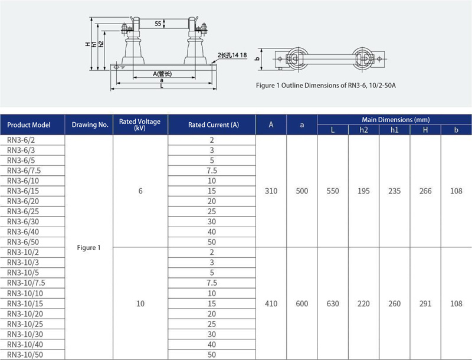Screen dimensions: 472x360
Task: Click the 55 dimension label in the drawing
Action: click(x=158, y=24)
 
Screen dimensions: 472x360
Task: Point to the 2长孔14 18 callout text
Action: click(x=232, y=55)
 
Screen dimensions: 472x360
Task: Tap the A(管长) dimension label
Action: click(x=162, y=74)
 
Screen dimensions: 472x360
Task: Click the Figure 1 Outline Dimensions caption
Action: click(x=326, y=86)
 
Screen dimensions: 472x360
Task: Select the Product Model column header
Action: click(x=28, y=125)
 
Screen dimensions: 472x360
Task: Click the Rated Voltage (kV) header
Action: click(x=140, y=125)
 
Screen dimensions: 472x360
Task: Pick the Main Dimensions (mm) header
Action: click(x=395, y=119)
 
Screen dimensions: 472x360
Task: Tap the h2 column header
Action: click(x=363, y=130)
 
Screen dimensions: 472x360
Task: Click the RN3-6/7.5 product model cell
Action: click(x=24, y=171)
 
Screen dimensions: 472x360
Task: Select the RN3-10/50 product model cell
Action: click(x=25, y=355)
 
